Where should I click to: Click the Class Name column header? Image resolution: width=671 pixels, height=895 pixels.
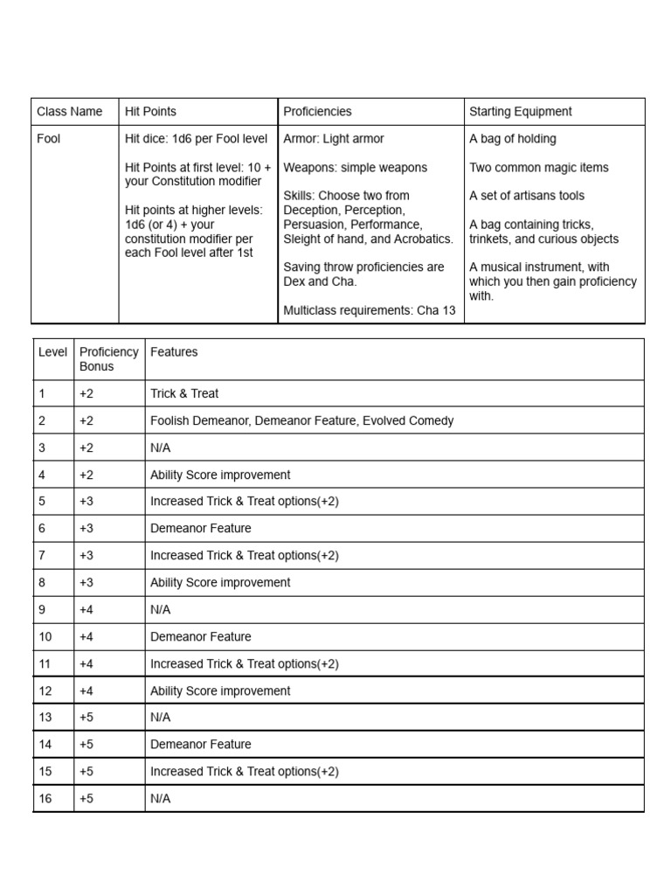point(69,112)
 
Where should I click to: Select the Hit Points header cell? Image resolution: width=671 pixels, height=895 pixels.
point(150,112)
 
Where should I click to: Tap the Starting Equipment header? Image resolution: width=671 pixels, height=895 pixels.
point(521,112)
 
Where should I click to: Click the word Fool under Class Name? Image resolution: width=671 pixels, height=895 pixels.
point(49,139)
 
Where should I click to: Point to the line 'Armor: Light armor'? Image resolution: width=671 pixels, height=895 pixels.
point(334,139)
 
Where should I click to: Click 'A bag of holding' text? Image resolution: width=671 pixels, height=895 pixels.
point(513,139)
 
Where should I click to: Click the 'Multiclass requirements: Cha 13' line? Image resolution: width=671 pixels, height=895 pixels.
point(370,310)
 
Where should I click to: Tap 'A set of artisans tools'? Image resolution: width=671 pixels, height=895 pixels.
point(527,196)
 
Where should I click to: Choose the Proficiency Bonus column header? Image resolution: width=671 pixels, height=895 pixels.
point(108,359)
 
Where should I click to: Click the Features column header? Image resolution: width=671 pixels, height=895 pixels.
point(174,352)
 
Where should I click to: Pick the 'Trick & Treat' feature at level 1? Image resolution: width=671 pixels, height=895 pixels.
point(184,394)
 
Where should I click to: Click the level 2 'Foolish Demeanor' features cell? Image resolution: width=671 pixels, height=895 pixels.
point(301,421)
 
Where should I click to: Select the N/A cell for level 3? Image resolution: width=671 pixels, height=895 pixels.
point(161,448)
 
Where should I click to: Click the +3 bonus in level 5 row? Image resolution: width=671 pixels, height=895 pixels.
point(86,502)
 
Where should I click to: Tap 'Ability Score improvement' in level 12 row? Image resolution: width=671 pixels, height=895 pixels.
point(220,691)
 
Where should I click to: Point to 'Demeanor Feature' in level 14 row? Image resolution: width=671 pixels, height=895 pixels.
point(200,745)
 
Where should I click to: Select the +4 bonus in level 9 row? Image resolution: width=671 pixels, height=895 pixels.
point(86,610)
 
